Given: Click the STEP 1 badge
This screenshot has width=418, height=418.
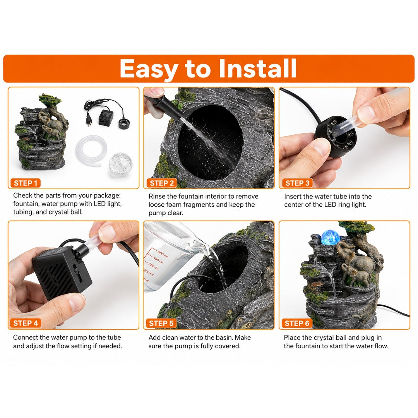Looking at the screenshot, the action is pos(25,183).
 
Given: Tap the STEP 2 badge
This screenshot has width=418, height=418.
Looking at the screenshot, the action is pos(161,183).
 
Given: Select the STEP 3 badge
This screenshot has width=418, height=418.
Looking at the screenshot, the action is pos(297,183).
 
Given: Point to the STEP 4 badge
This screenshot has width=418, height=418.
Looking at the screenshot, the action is pos(26,323).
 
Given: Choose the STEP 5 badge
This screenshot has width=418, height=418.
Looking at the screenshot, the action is pos(161,323).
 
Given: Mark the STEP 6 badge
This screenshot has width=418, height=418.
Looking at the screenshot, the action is pos(297,323).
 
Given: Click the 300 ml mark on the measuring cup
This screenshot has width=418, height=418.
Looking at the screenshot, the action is pos(153,266).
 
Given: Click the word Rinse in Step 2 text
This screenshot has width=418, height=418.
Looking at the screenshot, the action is pos(157,196).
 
